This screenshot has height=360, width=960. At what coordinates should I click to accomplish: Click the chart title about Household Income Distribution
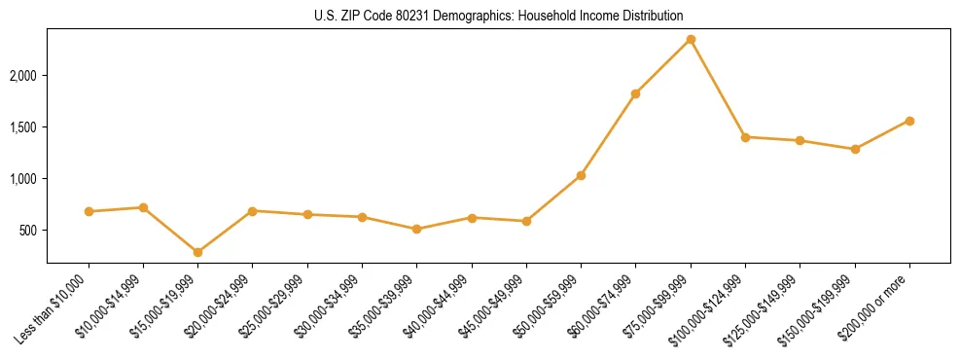point(499,16)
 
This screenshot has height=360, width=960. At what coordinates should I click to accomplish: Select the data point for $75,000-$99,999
point(691,39)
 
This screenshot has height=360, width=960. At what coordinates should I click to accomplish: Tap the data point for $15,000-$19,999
point(197,252)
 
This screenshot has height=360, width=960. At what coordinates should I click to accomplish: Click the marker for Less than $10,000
point(89,211)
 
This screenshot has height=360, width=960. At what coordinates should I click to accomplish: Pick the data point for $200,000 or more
point(909,121)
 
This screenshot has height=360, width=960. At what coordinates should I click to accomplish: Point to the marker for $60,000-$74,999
point(635,94)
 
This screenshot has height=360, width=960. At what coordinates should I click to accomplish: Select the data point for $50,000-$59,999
point(581,175)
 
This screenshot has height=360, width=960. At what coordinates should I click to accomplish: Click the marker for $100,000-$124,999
point(745,137)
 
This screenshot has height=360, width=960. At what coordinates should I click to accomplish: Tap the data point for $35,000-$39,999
point(416,230)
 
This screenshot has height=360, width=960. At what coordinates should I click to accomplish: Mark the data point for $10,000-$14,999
point(143,207)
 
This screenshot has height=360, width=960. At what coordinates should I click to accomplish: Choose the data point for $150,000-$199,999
point(855,149)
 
